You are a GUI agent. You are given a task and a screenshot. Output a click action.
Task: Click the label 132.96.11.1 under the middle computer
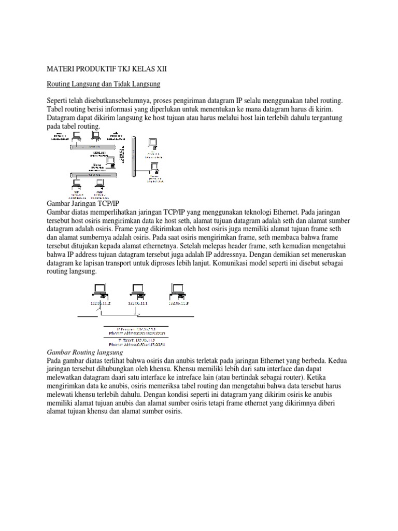point(138,303)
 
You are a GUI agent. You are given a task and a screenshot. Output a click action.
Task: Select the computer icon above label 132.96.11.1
point(138,289)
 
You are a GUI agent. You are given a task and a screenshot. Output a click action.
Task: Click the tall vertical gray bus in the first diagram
point(134,156)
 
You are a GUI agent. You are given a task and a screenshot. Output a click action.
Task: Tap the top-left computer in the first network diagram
point(76,136)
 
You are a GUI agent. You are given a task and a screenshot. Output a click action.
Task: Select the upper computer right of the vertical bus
point(152,143)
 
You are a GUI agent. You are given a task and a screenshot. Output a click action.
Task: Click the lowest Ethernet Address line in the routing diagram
point(137,344)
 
